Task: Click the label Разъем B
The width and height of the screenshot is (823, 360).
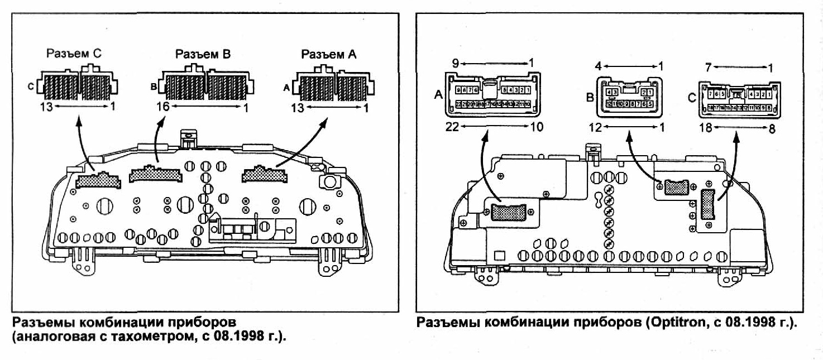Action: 203,54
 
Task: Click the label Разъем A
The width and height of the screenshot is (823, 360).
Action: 328,54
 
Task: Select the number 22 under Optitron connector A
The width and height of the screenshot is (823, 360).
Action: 453,127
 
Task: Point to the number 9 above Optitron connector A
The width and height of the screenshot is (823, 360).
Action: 456,64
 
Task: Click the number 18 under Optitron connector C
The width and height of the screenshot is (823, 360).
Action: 706,127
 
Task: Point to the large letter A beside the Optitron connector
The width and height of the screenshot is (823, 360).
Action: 438,95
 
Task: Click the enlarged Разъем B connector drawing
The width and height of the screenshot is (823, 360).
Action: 204,84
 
